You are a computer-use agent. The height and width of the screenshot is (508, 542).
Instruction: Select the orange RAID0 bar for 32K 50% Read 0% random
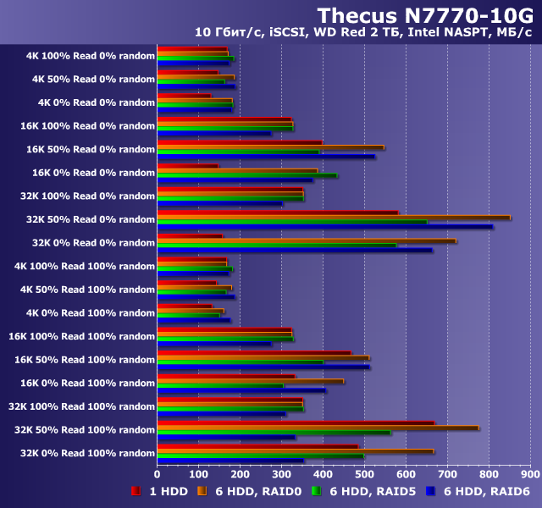tap(334, 217)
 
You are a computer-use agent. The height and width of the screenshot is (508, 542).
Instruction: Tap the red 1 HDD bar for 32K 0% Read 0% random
tap(190, 236)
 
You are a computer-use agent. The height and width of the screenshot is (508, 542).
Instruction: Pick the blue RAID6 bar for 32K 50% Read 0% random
tap(325, 226)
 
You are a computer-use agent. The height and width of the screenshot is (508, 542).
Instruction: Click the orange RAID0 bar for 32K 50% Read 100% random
tap(318, 428)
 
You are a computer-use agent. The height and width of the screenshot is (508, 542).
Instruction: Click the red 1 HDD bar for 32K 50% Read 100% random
tap(296, 422)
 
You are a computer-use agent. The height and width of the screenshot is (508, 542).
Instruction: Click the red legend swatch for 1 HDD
tap(135, 491)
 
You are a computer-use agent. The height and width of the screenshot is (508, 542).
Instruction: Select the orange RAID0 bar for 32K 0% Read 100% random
tap(296, 450)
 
